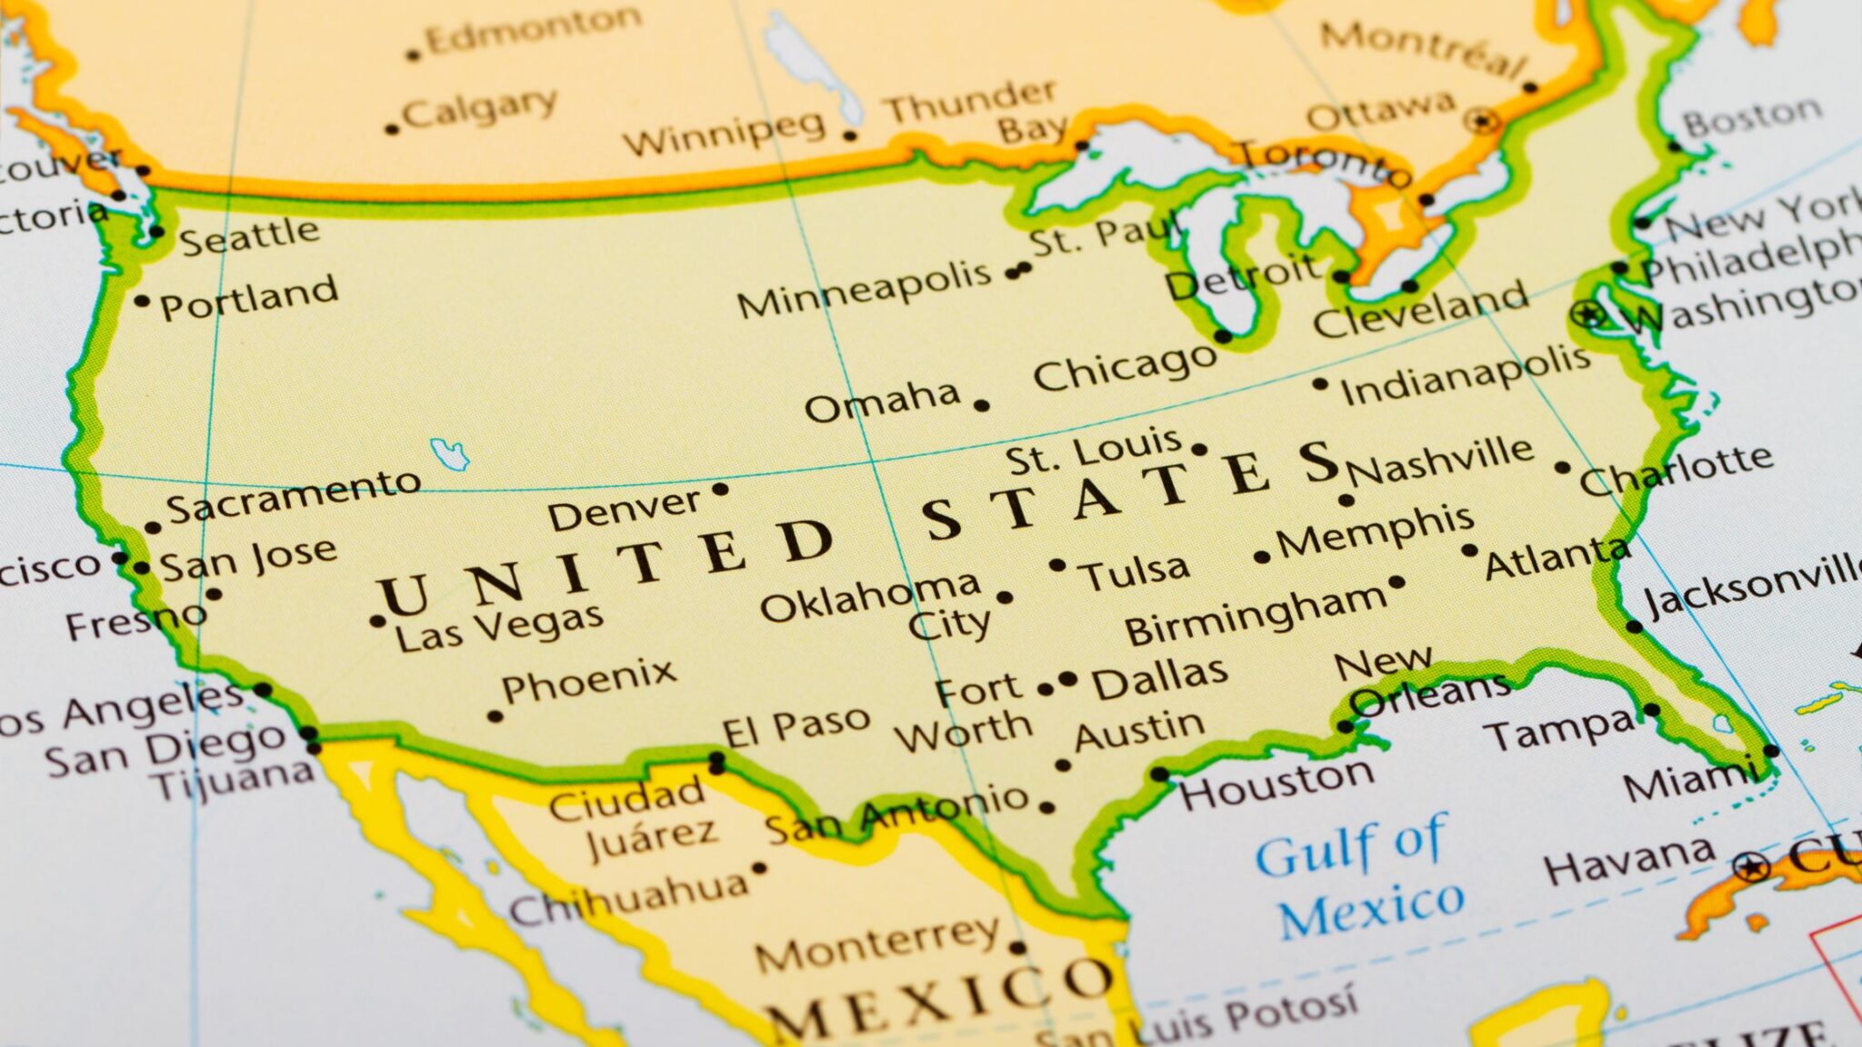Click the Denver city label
624,510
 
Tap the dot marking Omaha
982,405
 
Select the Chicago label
1124,367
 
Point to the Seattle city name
249,237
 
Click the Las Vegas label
499,628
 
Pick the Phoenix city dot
496,716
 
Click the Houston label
1276,783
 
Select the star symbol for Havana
1751,866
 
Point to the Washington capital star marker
1587,314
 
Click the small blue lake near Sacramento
449,453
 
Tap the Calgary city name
479,109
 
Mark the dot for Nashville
1346,500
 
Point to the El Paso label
796,726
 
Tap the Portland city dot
141,301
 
